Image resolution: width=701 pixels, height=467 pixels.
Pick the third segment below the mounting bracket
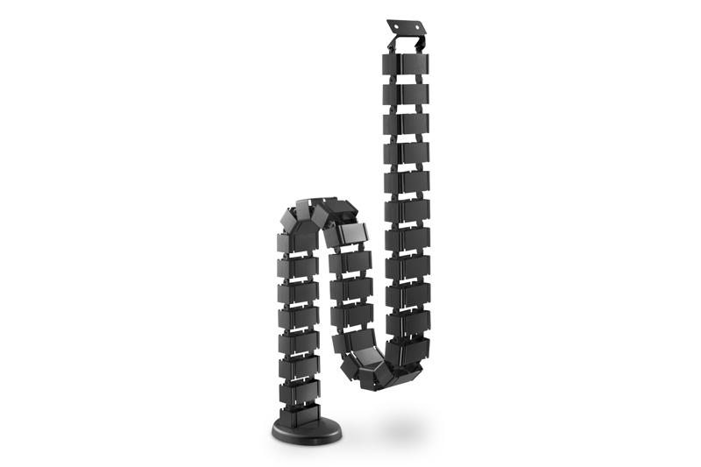tap(407, 122)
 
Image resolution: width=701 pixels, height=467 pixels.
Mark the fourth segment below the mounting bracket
tap(407, 152)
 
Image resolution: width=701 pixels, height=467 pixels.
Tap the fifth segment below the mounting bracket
tap(407, 181)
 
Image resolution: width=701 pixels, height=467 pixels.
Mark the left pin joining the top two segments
tap(386, 80)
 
